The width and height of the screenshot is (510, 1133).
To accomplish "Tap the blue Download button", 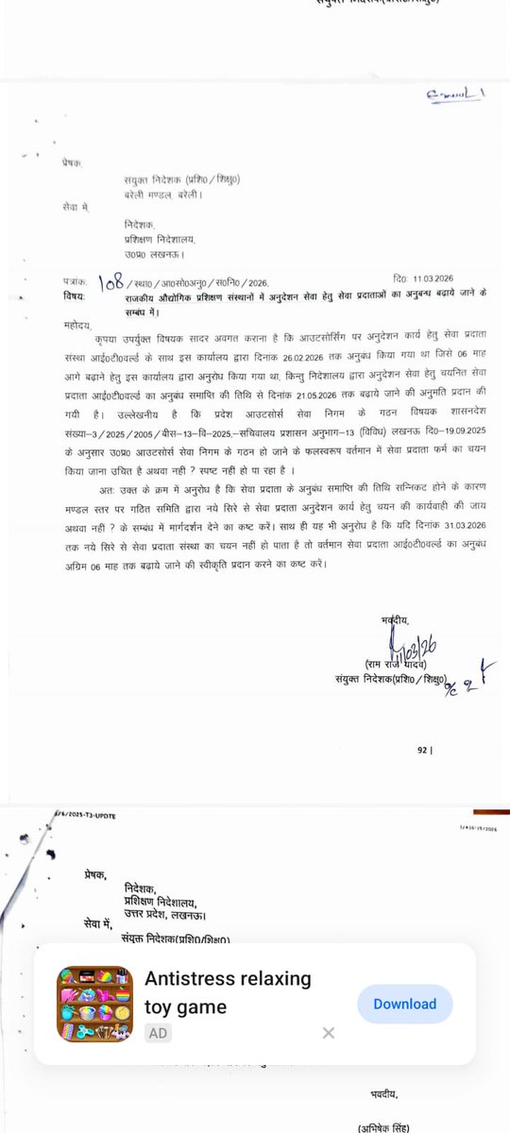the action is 405,1004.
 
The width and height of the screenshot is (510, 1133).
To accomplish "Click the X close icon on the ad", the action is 328,1033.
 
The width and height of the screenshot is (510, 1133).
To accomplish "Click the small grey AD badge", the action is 158,1033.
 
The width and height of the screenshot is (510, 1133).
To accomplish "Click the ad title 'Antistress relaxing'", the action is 228,978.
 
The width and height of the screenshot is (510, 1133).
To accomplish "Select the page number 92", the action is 422,751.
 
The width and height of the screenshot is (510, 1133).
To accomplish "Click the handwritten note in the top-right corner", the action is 455,93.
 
